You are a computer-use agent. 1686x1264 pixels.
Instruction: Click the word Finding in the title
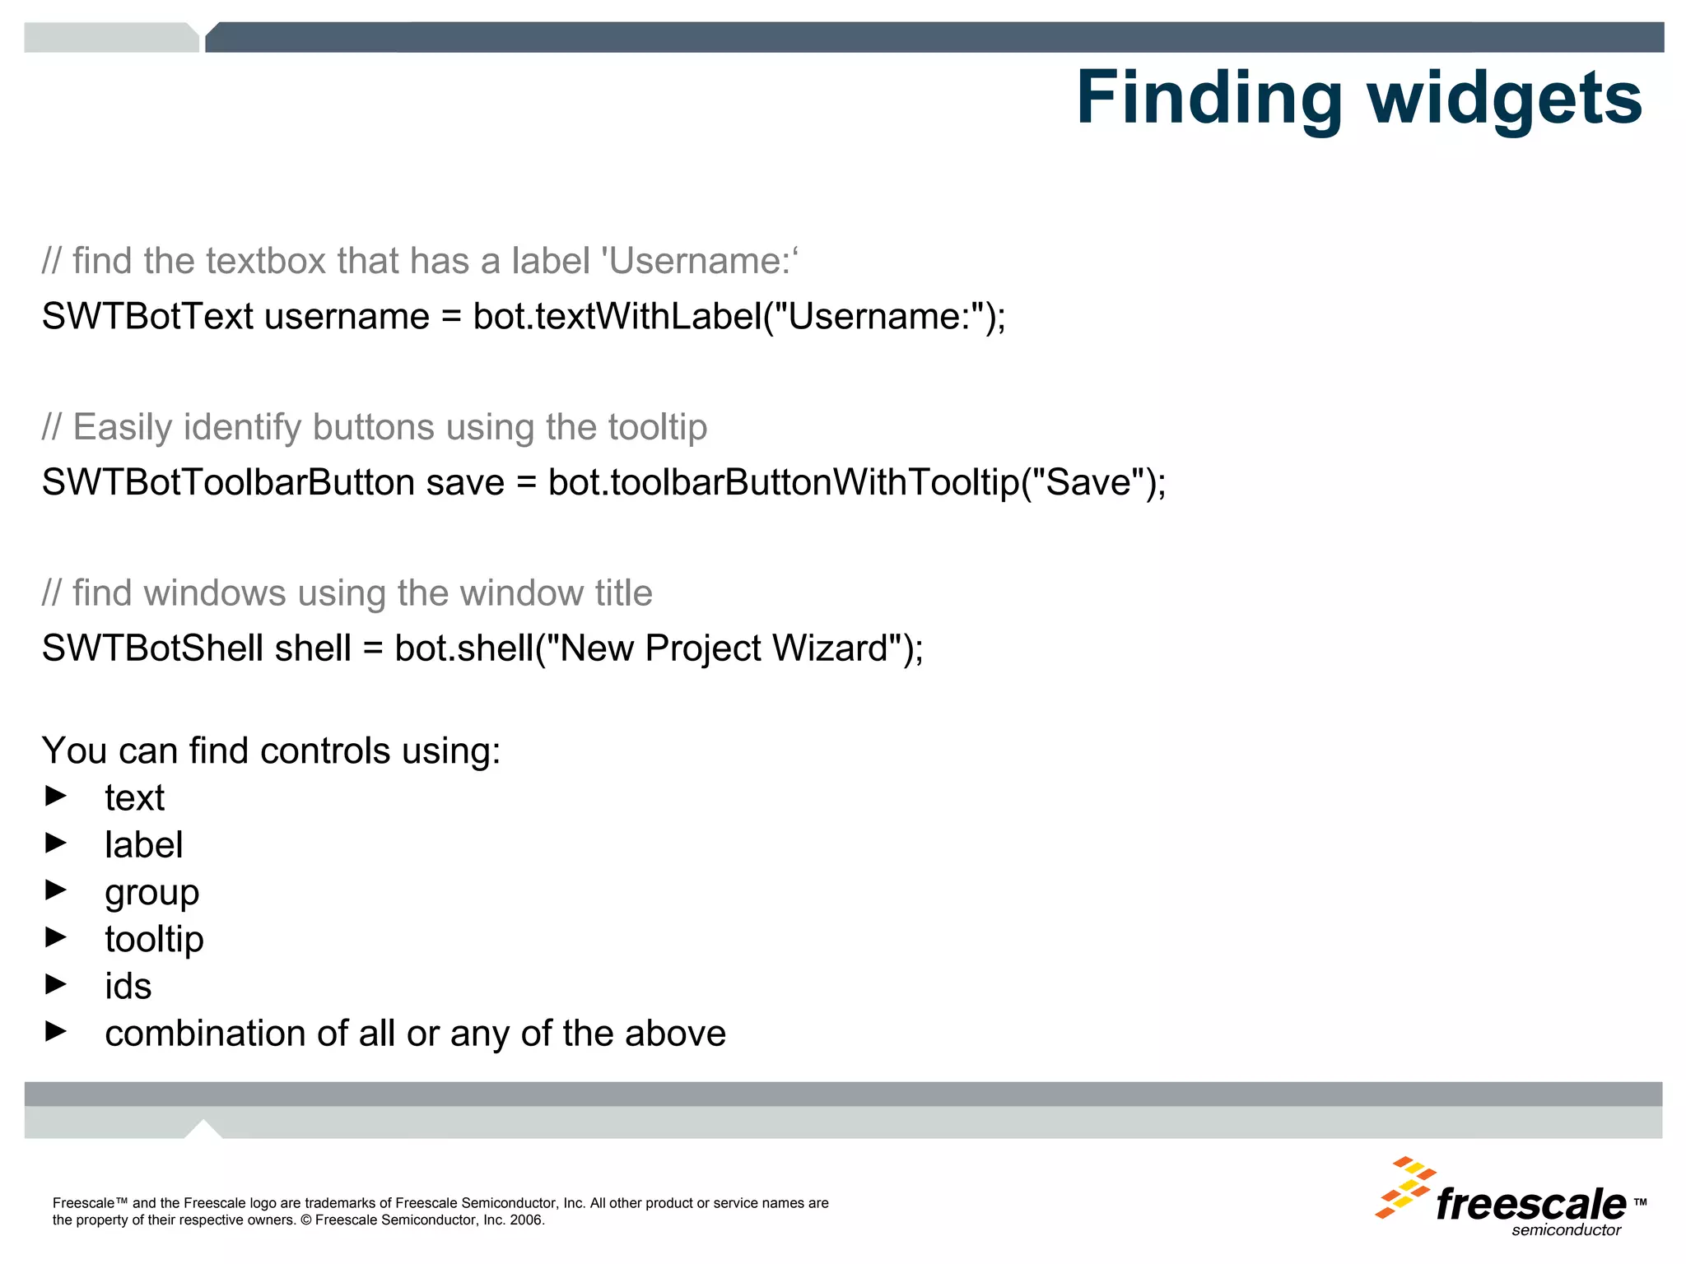[x=1209, y=99]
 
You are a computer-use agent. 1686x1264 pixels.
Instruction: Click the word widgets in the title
[x=1505, y=99]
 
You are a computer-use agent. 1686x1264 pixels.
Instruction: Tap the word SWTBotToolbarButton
[x=228, y=482]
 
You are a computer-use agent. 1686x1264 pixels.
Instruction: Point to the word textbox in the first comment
[x=266, y=261]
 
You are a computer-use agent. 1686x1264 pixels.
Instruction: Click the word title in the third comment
[x=623, y=593]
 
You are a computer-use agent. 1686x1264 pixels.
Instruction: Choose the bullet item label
[x=143, y=845]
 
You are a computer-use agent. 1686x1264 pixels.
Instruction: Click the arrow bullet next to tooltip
[x=56, y=936]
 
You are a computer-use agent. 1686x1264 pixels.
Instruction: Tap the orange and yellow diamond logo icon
[x=1404, y=1187]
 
